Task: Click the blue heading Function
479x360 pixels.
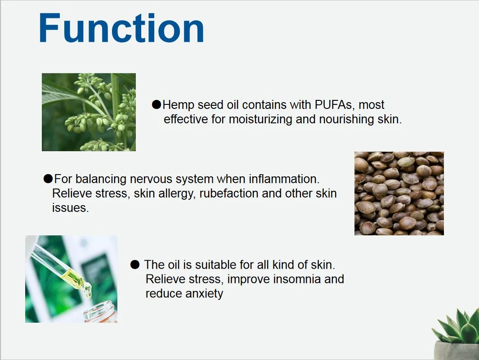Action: (x=121, y=28)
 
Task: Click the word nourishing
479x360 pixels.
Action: (x=346, y=119)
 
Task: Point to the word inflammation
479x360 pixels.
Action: (x=284, y=179)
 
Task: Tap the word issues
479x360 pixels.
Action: (x=70, y=207)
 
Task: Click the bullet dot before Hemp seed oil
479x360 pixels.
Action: (x=157, y=104)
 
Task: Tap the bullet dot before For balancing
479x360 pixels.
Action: (x=48, y=179)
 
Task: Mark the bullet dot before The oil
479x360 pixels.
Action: (x=135, y=264)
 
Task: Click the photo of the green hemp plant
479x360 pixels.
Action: (x=89, y=112)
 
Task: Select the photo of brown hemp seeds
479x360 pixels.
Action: (x=399, y=193)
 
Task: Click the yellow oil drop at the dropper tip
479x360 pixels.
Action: (x=88, y=291)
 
